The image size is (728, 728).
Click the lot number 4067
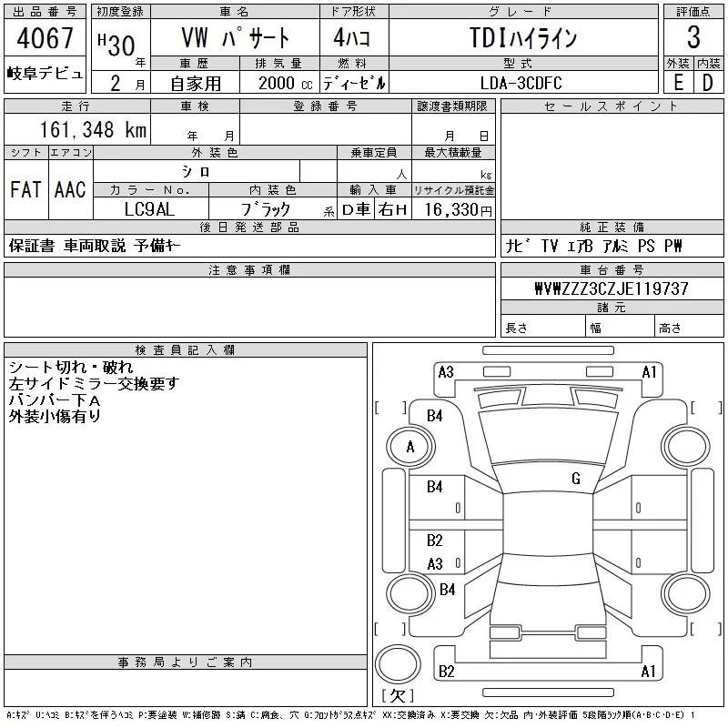(45, 37)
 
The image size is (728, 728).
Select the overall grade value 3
(693, 37)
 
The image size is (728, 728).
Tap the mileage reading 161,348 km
(93, 129)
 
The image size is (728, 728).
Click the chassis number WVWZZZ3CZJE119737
(612, 288)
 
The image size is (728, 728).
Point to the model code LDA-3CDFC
(521, 83)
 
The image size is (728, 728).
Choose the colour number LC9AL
(149, 209)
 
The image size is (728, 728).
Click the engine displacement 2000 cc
(285, 83)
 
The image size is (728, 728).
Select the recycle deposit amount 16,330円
(458, 210)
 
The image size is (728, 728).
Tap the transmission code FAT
(25, 189)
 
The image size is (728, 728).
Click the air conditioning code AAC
(70, 189)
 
